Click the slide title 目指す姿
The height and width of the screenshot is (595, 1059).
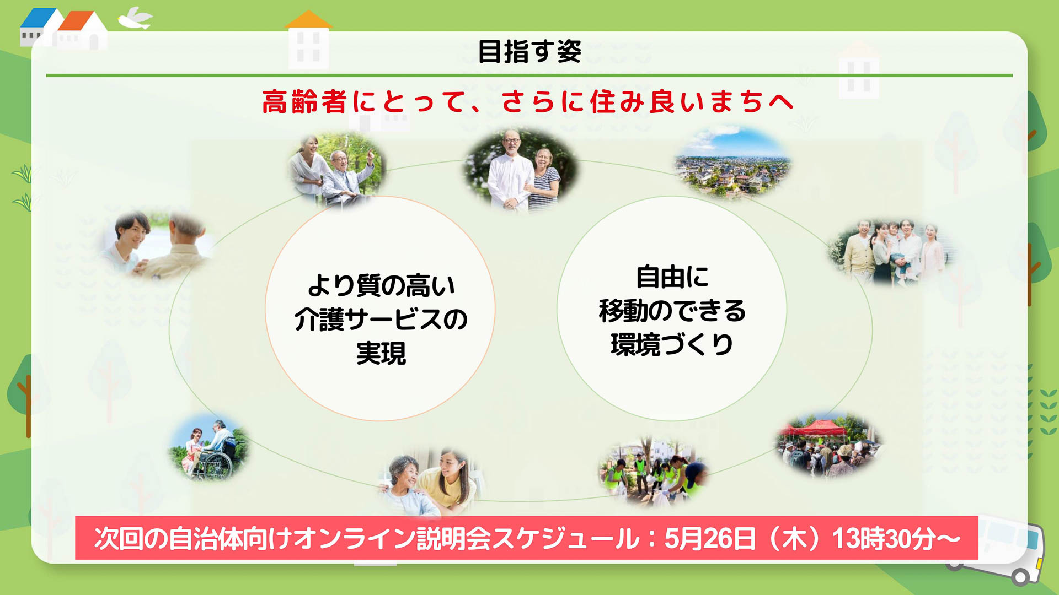(x=529, y=52)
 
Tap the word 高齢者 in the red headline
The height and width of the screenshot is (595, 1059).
(x=304, y=102)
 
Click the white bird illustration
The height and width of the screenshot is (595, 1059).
(x=135, y=19)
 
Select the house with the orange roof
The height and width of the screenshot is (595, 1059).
(x=83, y=30)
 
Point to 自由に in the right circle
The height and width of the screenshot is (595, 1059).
(x=672, y=277)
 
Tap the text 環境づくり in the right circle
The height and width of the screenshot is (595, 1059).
(x=672, y=345)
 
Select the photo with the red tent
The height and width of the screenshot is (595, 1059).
(x=827, y=444)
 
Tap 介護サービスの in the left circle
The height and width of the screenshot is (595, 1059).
(x=381, y=320)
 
